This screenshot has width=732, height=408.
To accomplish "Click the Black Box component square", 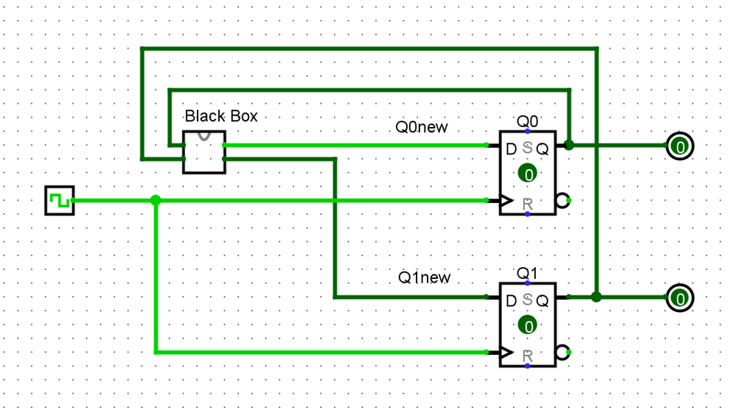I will (204, 152).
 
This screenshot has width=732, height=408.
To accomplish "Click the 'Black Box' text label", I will (221, 116).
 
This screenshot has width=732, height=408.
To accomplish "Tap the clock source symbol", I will (59, 201).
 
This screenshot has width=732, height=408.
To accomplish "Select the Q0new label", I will (422, 127).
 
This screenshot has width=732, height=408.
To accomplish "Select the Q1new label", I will (424, 278).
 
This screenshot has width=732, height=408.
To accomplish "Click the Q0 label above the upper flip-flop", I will (527, 121).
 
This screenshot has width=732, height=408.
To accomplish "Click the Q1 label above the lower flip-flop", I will (527, 274).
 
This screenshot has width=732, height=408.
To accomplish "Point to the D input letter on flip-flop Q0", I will (512, 149).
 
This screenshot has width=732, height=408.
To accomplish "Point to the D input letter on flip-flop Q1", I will (512, 301).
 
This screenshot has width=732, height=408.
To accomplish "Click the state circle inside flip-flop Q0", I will (527, 173).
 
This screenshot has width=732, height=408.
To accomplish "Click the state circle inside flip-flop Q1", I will (527, 325).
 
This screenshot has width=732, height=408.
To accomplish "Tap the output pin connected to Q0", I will (680, 147).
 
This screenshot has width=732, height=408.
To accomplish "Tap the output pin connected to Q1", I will (680, 299).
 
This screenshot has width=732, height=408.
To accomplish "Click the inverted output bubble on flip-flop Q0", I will (563, 200).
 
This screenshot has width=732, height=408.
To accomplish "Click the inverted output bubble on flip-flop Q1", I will (563, 352).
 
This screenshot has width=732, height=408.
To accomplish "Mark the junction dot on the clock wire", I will (156, 200).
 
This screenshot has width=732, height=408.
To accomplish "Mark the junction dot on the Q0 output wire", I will (569, 145).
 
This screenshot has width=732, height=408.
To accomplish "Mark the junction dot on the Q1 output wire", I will (596, 297).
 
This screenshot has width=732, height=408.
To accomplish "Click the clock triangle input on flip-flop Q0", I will (506, 200).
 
